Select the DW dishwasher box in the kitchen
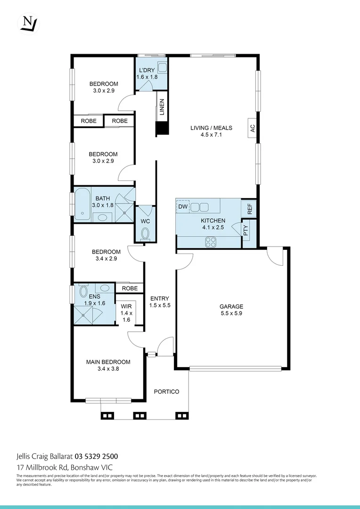pyautogui.click(x=182, y=206)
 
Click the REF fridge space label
pyautogui.click(x=250, y=208)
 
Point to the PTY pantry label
pyautogui.click(x=246, y=230)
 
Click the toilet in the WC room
pyautogui.click(x=145, y=233)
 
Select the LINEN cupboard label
pyautogui.click(x=162, y=107)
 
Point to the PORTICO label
pyautogui.click(x=167, y=392)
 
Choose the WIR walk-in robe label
pyautogui.click(x=126, y=306)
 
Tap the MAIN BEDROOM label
pyautogui.click(x=108, y=362)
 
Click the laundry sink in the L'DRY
pyautogui.click(x=162, y=67)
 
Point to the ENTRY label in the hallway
pyautogui.click(x=160, y=298)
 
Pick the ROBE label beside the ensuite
pyautogui.click(x=130, y=288)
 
